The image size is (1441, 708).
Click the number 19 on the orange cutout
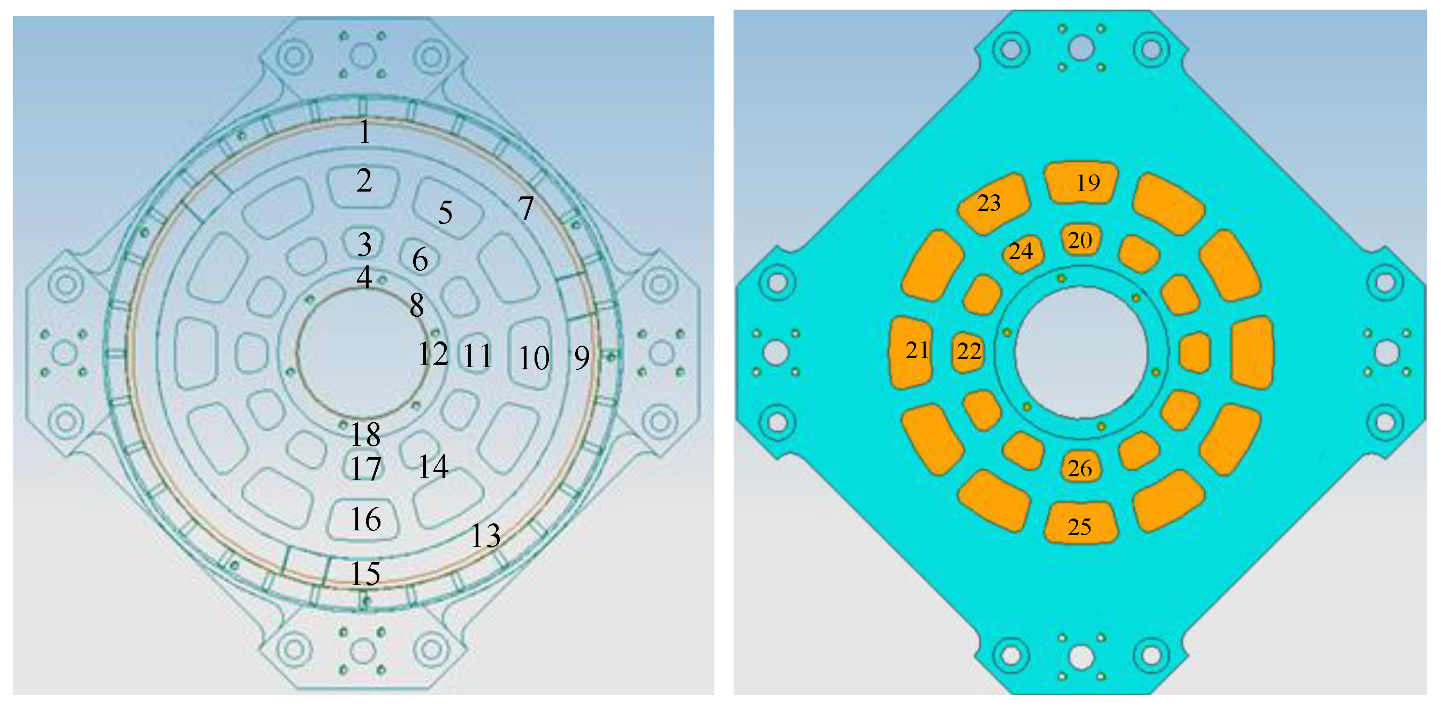click(x=1088, y=183)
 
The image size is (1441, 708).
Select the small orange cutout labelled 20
click(x=1080, y=240)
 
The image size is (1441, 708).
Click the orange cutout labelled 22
click(x=969, y=351)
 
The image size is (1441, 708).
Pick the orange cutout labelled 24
click(x=1021, y=252)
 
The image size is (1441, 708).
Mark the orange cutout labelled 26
click(x=1080, y=468)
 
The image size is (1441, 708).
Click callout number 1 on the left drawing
click(x=364, y=132)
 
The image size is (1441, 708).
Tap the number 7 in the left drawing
click(x=525, y=208)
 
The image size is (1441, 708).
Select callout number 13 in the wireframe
click(x=485, y=536)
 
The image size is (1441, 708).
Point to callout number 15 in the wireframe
click(x=365, y=573)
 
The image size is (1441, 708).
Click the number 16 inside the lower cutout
click(x=365, y=519)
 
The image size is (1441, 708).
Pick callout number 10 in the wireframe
click(x=534, y=358)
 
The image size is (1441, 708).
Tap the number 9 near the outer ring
click(x=582, y=358)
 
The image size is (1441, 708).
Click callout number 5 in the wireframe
click(x=445, y=212)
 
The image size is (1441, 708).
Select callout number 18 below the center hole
click(x=365, y=434)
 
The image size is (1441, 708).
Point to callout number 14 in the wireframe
click(x=433, y=466)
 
